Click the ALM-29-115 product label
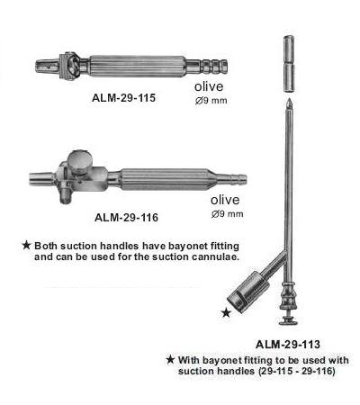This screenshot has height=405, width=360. click(123, 98)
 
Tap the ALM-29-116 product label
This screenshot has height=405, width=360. click(126, 217)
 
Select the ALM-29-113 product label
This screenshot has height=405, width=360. click(288, 344)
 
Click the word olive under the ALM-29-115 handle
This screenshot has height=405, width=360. click(209, 86)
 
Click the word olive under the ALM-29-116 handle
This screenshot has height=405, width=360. click(225, 200)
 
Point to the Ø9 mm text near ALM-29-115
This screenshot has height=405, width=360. click(211, 101)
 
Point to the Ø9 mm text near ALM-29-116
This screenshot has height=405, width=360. click(227, 214)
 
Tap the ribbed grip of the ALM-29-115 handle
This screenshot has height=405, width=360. click(138, 67)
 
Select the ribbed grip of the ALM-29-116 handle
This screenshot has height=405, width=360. click(166, 180)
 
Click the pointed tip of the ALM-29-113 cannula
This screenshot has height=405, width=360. click(289, 99)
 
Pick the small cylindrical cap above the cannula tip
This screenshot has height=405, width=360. click(289, 63)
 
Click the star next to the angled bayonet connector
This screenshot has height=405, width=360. click(226, 313)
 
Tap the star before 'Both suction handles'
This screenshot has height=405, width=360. click(26, 246)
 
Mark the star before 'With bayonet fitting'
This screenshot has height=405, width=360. click(170, 359)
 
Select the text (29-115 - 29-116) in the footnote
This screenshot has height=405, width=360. click(296, 371)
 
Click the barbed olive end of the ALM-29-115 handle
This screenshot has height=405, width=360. click(213, 67)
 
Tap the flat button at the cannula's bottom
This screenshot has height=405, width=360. click(289, 322)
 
